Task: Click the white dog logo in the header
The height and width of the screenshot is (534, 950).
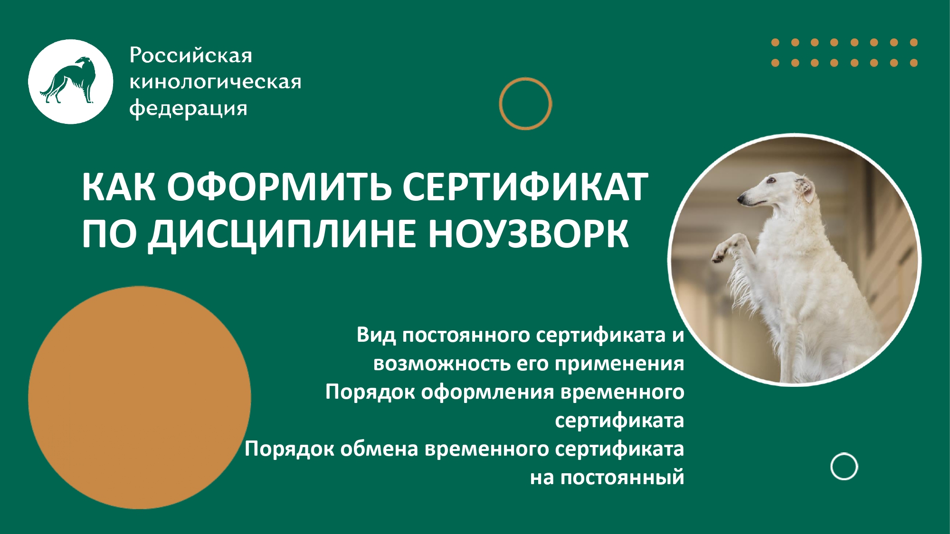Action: click(71, 82)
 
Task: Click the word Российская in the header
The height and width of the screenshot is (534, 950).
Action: click(190, 56)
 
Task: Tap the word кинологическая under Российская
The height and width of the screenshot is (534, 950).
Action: click(215, 82)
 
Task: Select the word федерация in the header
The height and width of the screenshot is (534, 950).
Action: click(189, 109)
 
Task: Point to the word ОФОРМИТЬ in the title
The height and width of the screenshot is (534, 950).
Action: click(279, 187)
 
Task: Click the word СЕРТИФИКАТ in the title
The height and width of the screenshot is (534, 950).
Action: click(525, 187)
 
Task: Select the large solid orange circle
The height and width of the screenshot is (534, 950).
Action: click(139, 397)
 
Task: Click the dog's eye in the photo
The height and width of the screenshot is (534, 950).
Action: click(772, 180)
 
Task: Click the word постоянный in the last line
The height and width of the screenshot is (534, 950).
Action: click(622, 478)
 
